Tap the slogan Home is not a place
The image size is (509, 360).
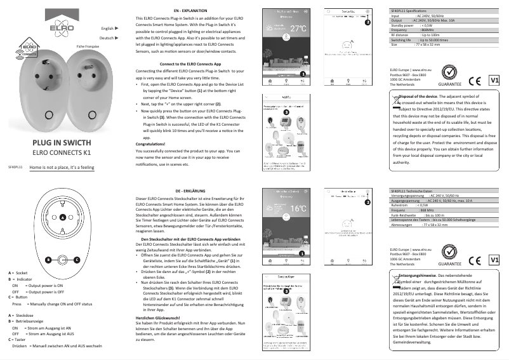click(x=62, y=167)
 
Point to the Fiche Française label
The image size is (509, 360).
click(x=89, y=48)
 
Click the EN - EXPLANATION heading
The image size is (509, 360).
click(x=189, y=12)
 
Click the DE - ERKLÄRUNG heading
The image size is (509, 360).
click(x=190, y=191)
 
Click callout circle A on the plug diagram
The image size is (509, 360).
click(x=62, y=218)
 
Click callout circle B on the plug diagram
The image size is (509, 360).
click(x=48, y=260)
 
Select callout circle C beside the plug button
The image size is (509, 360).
click(x=76, y=260)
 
